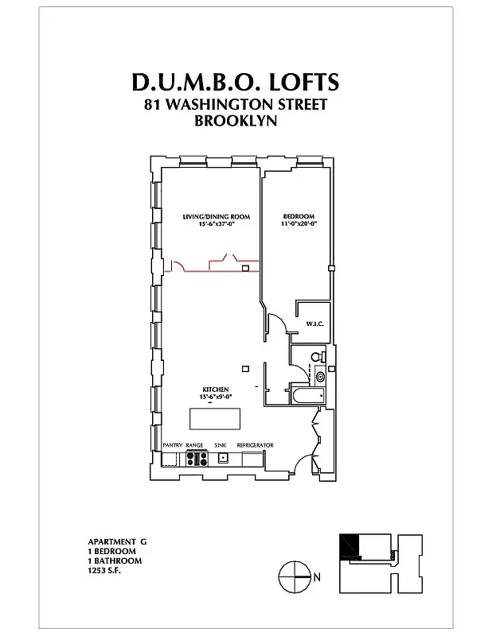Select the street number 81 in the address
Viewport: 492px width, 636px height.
coord(153,104)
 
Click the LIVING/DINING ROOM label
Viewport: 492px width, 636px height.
coord(217,216)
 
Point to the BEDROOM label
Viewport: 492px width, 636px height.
coord(299,216)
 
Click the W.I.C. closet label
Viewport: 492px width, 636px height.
coord(313,324)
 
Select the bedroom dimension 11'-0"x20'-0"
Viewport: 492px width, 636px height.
coord(299,224)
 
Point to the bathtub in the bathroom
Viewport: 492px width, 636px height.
coord(307,395)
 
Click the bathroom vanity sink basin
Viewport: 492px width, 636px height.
coord(320,376)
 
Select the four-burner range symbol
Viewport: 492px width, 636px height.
coord(196,458)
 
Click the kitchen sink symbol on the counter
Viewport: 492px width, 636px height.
coord(225,458)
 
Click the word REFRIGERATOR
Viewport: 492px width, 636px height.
coord(255,445)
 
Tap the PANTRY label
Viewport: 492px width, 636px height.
coord(173,445)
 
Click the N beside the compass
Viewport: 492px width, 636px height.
coord(317,577)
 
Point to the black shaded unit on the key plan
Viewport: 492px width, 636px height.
coord(349,546)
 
